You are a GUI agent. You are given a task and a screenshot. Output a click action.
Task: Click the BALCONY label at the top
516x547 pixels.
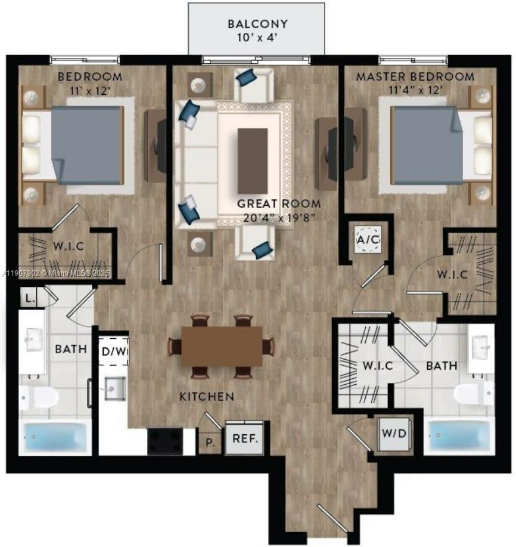257,24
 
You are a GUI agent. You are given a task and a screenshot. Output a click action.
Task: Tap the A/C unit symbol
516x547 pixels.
367,239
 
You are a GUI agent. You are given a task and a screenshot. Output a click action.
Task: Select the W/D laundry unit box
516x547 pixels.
394,433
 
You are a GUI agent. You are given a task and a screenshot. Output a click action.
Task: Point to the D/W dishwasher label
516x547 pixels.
113,351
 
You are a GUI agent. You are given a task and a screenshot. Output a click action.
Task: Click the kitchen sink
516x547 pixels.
112,390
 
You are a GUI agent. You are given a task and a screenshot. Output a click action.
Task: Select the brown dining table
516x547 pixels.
222,346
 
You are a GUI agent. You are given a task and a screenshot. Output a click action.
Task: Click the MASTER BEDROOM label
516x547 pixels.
415,77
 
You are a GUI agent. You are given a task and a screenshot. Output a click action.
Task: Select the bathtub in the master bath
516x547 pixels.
459,436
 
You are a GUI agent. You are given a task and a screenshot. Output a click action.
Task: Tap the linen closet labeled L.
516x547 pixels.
29,297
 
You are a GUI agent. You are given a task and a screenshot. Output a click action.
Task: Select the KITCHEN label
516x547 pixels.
207,396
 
